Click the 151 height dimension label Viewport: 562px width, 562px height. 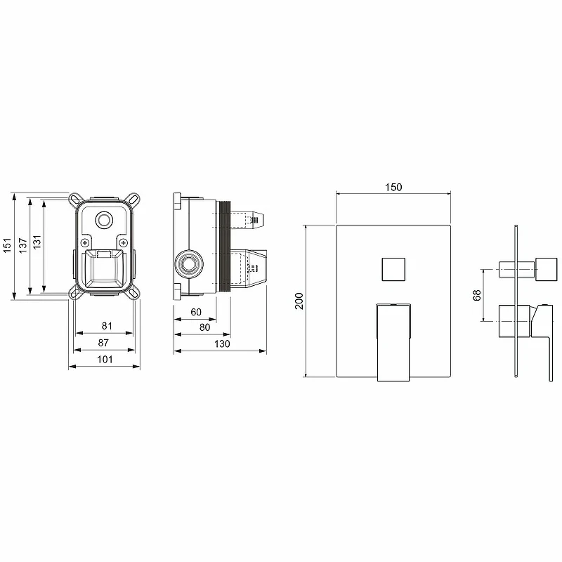tap(8, 245)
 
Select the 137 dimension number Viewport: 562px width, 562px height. tap(23, 245)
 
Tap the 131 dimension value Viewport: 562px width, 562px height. tap(37, 242)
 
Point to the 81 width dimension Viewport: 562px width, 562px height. tap(107, 326)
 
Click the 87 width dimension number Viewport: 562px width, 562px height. tap(103, 343)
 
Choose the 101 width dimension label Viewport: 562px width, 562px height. tap(105, 359)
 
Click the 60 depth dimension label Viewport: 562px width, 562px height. tap(196, 312)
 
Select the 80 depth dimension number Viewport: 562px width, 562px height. tap(204, 327)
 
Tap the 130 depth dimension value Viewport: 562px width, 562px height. tap(222, 344)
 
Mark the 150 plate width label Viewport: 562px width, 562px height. tap(393, 187)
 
